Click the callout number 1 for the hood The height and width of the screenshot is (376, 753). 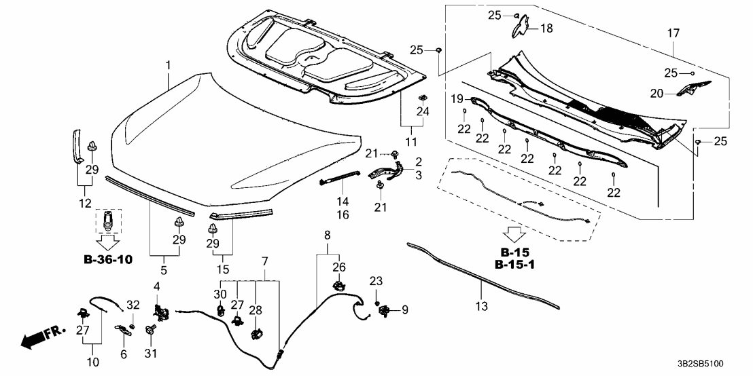click(x=169, y=65)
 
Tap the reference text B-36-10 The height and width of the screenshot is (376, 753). click(x=108, y=259)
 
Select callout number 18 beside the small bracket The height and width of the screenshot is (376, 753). click(x=546, y=28)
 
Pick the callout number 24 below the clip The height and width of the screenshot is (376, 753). click(x=422, y=111)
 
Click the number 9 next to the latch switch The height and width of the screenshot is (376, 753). click(x=405, y=310)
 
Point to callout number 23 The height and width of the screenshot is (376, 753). click(x=376, y=281)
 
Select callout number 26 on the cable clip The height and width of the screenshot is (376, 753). click(x=338, y=267)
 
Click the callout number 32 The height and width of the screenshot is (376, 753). click(x=133, y=305)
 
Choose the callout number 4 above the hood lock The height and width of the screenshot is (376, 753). click(x=156, y=286)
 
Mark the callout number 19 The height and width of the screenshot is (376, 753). click(x=457, y=98)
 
